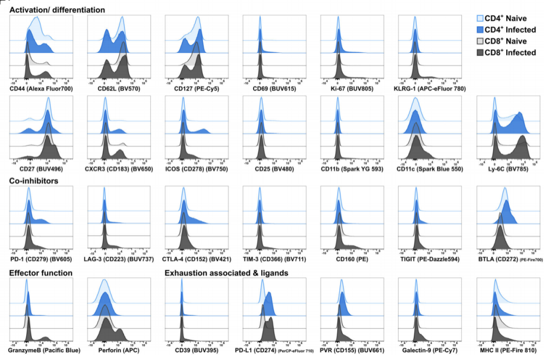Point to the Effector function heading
pyautogui.click(x=42, y=273)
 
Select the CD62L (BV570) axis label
pyautogui.click(x=114, y=88)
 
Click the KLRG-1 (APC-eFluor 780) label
pyautogui.click(x=432, y=88)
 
